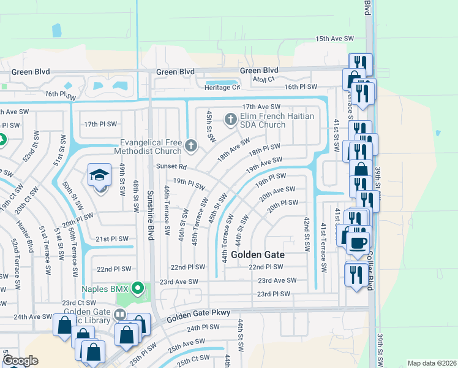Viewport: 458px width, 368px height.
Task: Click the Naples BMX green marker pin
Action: (x=138, y=287)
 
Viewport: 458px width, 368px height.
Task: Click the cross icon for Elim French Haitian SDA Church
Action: (x=231, y=119)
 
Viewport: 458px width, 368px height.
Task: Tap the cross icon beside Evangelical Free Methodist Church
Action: (x=191, y=146)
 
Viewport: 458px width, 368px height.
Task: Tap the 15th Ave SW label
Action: (x=335, y=39)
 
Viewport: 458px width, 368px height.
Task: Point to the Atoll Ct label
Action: (x=264, y=79)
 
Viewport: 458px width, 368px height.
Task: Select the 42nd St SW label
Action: (x=307, y=229)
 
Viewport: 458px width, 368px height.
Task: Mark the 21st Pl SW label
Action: (x=111, y=239)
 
